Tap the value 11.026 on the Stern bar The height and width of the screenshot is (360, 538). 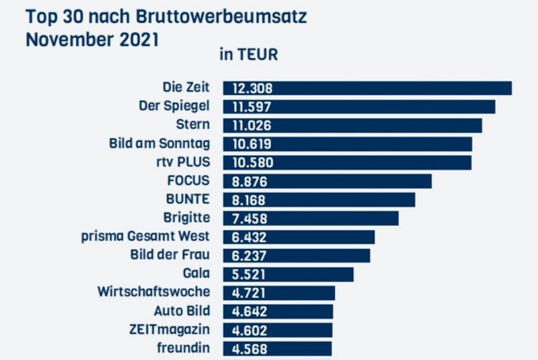[252, 126]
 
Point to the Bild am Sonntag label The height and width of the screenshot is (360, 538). [159, 144]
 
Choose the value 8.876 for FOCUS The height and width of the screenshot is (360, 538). [252, 181]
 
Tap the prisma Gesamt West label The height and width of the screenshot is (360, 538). [145, 237]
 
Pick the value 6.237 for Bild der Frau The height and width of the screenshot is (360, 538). [252, 256]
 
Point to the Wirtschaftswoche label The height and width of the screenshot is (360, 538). [153, 292]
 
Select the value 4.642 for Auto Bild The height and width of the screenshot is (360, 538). [252, 312]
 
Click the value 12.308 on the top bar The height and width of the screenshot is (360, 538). [252, 88]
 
